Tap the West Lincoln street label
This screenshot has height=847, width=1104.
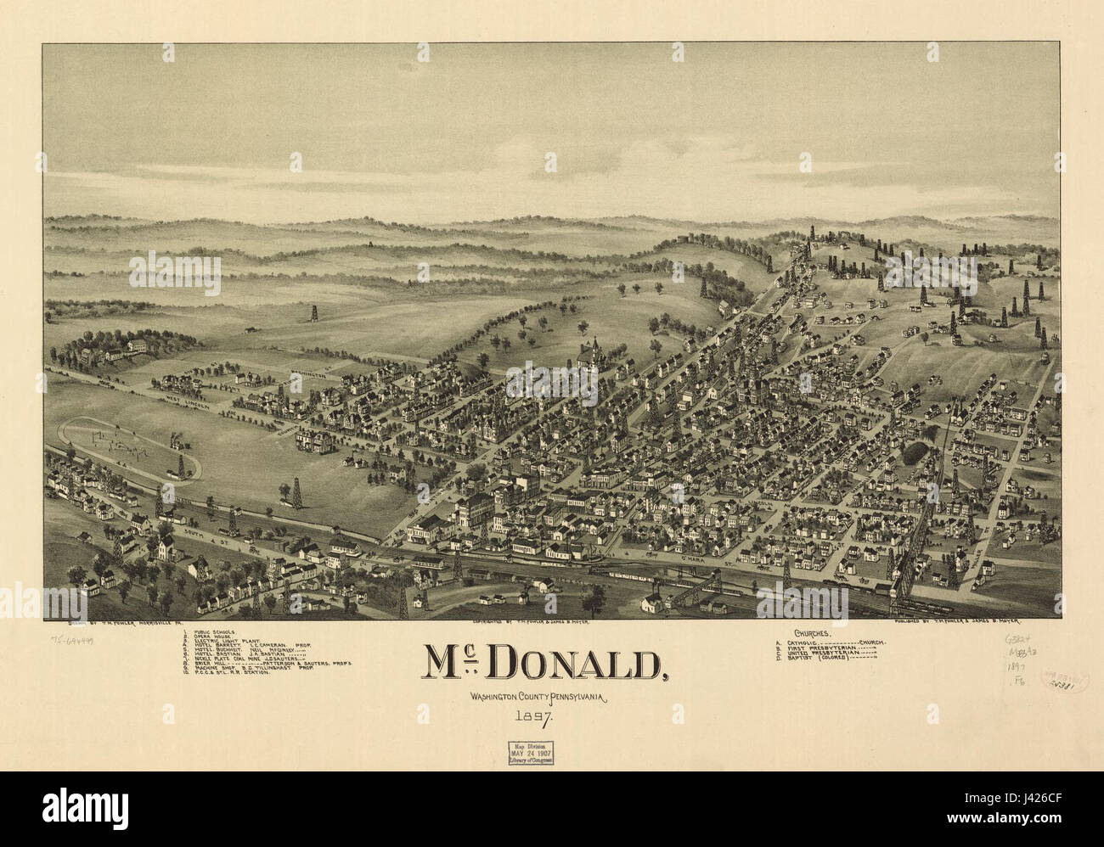pos(191,397)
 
